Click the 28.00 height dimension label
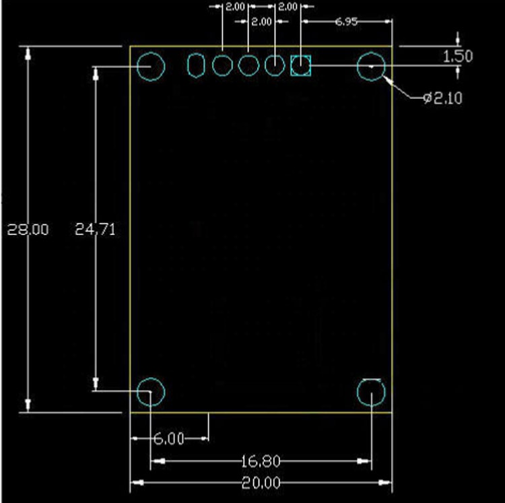tap(28, 230)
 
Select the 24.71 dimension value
tap(96, 230)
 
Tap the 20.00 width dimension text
tap(261, 483)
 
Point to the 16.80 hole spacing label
tap(261, 461)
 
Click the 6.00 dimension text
tap(168, 439)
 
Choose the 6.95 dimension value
tap(346, 22)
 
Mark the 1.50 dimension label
tap(458, 56)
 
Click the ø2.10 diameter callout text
tap(442, 99)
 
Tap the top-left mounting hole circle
tap(151, 67)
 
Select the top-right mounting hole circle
tap(371, 67)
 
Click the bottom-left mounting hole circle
tap(151, 391)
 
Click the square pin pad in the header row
tap(300, 66)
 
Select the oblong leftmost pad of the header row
tap(196, 66)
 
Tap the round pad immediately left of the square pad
tap(275, 66)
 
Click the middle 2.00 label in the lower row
tap(261, 22)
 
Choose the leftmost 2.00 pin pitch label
tap(235, 7)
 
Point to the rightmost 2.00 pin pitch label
tap(288, 7)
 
